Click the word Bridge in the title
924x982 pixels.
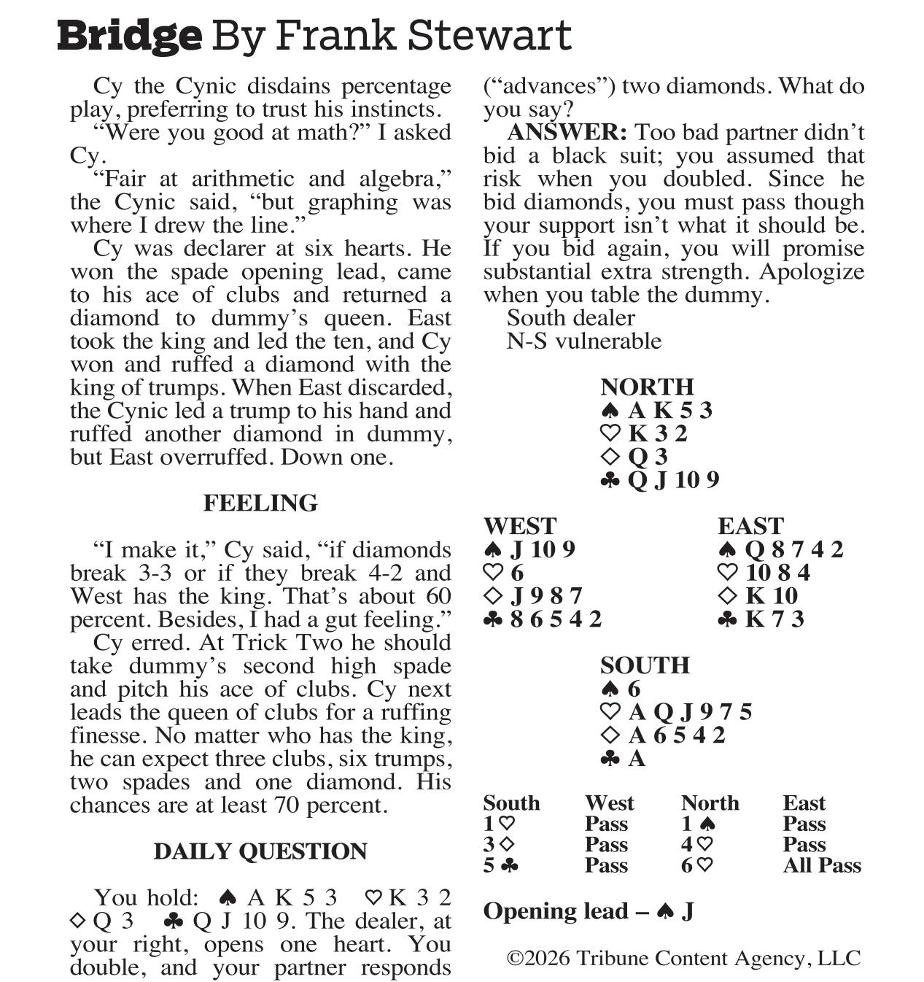[129, 36]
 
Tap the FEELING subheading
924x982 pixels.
[260, 503]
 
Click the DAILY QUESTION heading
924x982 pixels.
[260, 851]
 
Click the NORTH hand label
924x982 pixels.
[647, 387]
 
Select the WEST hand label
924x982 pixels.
[519, 526]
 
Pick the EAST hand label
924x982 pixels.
[750, 526]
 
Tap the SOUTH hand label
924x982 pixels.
[645, 665]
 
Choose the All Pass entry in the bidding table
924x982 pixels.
[822, 865]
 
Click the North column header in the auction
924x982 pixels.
[710, 803]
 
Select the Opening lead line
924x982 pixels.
[588, 911]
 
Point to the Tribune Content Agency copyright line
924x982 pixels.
[683, 958]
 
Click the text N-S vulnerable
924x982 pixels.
[584, 341]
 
